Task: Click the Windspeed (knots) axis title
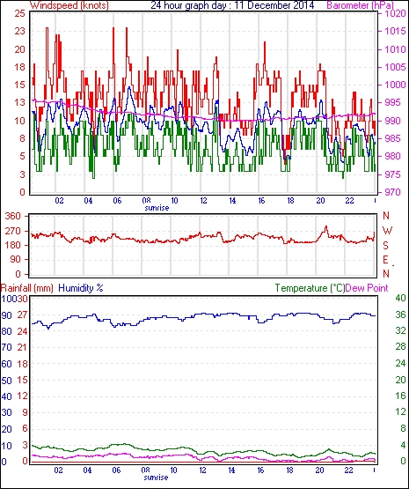(69, 5)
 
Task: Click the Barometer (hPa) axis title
(360, 5)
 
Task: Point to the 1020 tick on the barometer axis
(395, 13)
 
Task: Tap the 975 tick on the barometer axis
(393, 174)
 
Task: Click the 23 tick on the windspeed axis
(20, 32)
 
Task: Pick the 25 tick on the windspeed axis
(20, 13)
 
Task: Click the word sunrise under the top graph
(157, 208)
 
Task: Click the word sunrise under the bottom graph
(156, 477)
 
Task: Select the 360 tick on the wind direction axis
(13, 217)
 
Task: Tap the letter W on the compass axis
(387, 231)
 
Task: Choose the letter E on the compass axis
(385, 260)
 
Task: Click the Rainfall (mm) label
(27, 288)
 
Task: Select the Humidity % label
(81, 288)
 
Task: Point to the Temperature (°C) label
(310, 288)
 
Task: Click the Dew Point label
(367, 288)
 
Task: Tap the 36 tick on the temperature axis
(400, 315)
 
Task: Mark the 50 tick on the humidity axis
(6, 381)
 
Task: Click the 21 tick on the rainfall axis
(22, 348)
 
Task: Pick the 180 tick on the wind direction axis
(13, 246)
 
